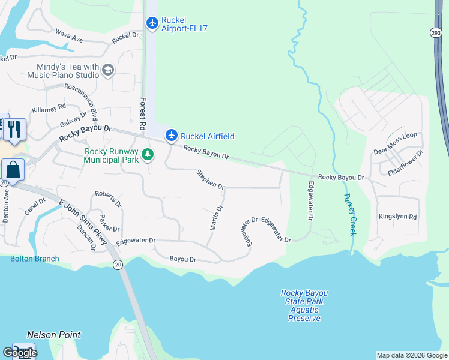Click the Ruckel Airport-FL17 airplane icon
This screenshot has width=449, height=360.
tap(152, 23)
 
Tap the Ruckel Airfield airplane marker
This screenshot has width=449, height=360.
tap(172, 135)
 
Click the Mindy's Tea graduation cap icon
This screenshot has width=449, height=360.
tap(108, 70)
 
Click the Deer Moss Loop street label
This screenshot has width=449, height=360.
tap(395, 152)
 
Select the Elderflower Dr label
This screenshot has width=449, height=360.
tap(406, 163)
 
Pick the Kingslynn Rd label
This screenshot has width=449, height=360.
tap(397, 216)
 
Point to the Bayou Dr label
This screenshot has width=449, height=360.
tap(182, 259)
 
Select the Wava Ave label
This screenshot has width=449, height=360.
tap(69, 37)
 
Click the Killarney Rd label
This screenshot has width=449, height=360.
tap(49, 108)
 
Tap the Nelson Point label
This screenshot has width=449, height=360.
tap(54, 335)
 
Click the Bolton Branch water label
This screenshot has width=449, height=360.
tap(35, 259)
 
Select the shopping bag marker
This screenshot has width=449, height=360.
tap(13, 170)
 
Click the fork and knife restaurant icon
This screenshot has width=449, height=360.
tap(15, 128)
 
